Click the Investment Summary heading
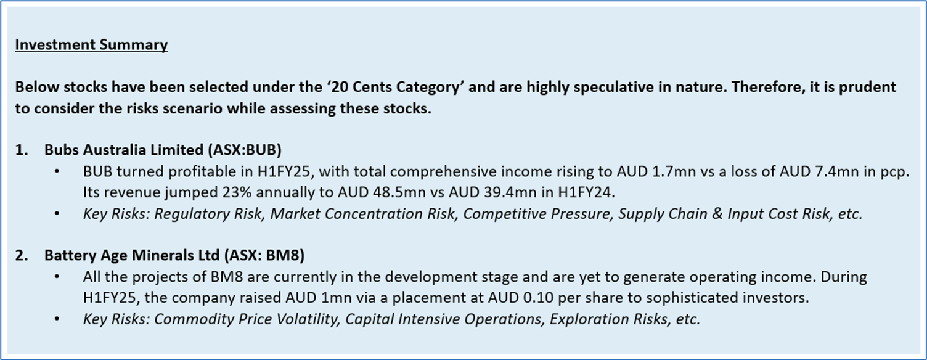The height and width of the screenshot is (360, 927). coord(91,44)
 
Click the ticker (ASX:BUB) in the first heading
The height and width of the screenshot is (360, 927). coord(245,150)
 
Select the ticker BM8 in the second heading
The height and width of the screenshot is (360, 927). coord(282,255)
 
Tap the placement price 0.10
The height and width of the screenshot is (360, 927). coord(538,298)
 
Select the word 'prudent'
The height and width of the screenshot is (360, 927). coord(867,88)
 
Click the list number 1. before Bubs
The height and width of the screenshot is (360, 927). coord(22,150)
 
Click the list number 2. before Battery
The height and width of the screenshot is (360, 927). coord(22,255)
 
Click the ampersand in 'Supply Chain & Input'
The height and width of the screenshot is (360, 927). coord(717,214)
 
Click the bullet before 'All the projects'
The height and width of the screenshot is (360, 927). coord(57,276)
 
